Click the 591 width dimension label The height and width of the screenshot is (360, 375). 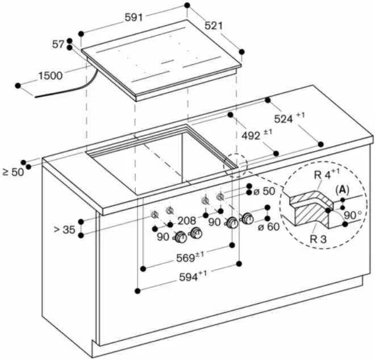[x=134, y=18]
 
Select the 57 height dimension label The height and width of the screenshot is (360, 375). [x=58, y=44]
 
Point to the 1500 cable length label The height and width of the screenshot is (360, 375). [x=51, y=75]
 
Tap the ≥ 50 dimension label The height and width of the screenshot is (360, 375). [x=13, y=171]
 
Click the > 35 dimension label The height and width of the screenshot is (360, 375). [x=64, y=230]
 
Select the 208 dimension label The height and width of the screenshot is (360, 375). [x=186, y=220]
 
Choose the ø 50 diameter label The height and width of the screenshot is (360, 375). [x=266, y=191]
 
